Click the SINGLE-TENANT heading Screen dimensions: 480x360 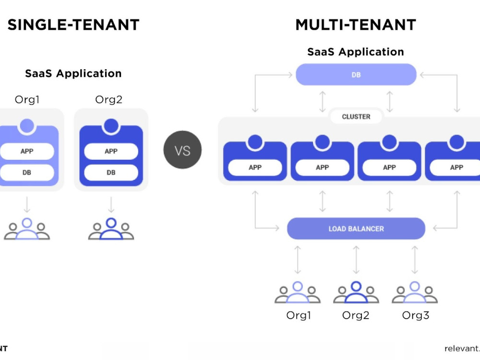point(73,25)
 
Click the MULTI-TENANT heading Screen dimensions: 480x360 point(356,25)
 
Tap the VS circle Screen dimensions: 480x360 point(182,150)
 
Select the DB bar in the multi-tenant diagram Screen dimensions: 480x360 point(356,74)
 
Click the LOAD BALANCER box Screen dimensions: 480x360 point(356,228)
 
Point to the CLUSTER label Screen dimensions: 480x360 point(356,117)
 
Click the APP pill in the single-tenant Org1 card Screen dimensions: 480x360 point(27,151)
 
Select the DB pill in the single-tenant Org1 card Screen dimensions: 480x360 point(27,172)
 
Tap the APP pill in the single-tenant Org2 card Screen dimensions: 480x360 point(111,151)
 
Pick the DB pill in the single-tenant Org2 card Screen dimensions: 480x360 point(111,172)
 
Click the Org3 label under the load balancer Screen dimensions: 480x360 point(415,315)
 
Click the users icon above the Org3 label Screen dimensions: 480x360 point(415,292)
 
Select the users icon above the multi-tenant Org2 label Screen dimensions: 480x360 point(356,292)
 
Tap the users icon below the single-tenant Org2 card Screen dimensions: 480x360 point(111,228)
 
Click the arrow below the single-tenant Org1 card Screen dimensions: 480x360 point(27,204)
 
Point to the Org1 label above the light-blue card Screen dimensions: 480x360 point(27,99)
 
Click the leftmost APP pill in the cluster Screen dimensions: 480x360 point(255,168)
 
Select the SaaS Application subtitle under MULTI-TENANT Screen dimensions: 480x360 point(356,52)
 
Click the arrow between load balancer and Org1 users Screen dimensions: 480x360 point(298,260)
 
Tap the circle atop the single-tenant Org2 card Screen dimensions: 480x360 point(111,126)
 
